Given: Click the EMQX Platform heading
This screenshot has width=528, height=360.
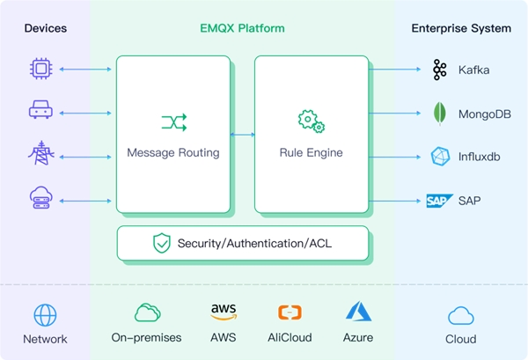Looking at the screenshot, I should (x=242, y=28).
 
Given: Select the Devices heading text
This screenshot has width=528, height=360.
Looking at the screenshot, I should (x=45, y=28).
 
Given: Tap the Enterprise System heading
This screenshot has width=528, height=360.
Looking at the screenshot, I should (x=461, y=28).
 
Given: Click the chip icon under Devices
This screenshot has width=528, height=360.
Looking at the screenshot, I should (x=40, y=68).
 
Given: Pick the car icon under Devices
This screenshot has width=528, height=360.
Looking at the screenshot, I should (x=40, y=110).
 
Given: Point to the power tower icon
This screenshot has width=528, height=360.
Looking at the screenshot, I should (x=40, y=154).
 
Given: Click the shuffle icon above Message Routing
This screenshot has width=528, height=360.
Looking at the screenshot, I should (x=172, y=121).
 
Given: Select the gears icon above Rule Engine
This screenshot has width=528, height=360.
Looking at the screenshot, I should (x=311, y=120).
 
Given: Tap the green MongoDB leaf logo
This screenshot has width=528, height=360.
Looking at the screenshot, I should (x=439, y=114).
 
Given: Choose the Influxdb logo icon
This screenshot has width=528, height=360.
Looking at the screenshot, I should (x=439, y=157).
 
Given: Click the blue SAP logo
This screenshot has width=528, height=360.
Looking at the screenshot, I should (x=438, y=201).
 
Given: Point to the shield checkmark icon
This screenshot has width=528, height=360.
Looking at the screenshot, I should (x=161, y=243).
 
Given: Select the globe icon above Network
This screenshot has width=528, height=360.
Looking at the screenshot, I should (x=45, y=315).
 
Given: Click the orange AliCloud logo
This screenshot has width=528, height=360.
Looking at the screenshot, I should (x=290, y=312).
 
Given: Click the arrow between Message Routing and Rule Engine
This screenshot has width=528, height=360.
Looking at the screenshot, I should (x=243, y=135).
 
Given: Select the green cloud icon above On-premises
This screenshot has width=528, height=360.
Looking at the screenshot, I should (x=146, y=312).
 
